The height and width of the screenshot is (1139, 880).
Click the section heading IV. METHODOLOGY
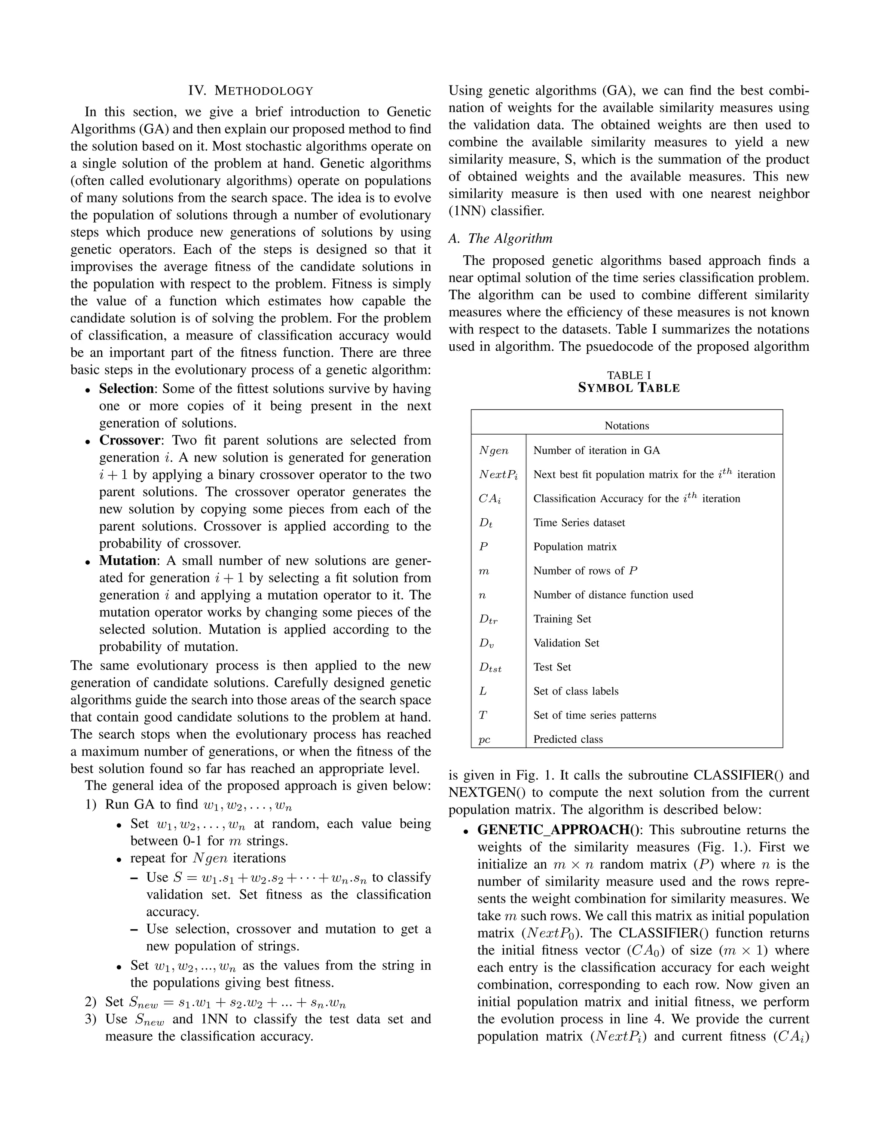tap(251, 91)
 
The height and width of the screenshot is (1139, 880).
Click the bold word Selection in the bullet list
tap(126, 389)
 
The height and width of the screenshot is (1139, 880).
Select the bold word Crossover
tap(130, 441)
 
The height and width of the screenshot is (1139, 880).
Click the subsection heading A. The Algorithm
tap(500, 239)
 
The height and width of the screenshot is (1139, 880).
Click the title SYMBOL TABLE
tap(629, 388)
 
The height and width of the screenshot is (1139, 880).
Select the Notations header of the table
tap(626, 426)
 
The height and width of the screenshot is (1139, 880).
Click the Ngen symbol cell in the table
tap(493, 450)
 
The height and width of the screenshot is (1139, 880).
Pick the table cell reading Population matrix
tap(574, 547)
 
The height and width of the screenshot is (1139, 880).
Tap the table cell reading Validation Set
tap(566, 643)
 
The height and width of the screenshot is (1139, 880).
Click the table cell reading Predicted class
tap(568, 740)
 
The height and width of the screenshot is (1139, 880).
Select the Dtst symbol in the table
tap(490, 667)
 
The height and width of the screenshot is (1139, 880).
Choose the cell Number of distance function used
tap(613, 595)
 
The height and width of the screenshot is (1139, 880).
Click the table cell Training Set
tap(562, 619)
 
